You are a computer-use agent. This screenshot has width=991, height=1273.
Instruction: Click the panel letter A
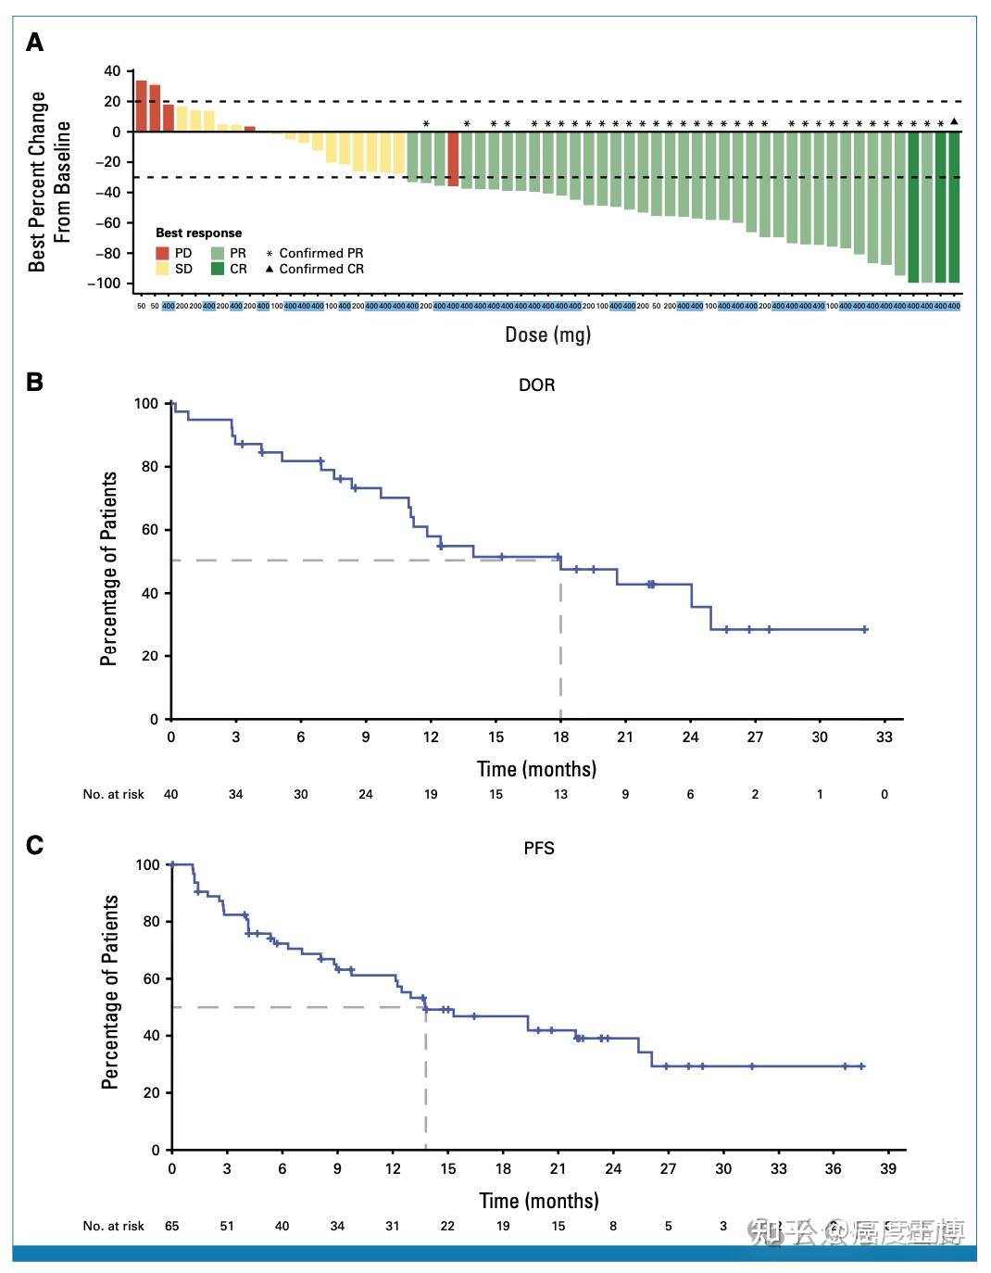coord(34,43)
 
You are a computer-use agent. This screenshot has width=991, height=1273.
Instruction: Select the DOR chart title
coord(537,384)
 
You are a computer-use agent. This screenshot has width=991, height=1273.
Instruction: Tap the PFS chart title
coord(539,848)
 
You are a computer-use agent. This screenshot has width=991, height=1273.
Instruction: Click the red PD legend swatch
coord(163,253)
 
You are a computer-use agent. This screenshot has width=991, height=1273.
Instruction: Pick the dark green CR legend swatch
coord(218,269)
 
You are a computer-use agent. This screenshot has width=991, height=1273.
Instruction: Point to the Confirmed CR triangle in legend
coord(270,269)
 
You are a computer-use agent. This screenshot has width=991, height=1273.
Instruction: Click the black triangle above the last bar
coord(954,121)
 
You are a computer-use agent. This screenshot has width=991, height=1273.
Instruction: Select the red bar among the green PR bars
coord(453,159)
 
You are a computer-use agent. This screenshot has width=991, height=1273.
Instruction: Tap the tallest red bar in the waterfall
coord(142,106)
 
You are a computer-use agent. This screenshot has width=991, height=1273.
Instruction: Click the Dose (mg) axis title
coord(547,334)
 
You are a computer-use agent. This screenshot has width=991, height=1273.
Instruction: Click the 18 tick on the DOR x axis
coord(560,737)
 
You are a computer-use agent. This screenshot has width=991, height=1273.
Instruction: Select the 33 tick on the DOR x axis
coord(884,737)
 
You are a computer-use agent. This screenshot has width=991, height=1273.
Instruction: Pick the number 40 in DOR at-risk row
coord(171,794)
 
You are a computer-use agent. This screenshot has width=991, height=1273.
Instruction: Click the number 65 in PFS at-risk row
coord(171,1226)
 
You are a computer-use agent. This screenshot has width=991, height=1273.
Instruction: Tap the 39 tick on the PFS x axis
coord(888,1168)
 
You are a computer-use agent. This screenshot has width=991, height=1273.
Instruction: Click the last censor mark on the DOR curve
coord(865,629)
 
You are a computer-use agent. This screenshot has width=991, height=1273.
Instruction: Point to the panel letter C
coord(34,846)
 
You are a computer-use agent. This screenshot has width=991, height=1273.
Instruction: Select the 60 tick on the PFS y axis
coord(149,978)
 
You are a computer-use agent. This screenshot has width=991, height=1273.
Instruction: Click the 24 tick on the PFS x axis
coord(613,1168)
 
